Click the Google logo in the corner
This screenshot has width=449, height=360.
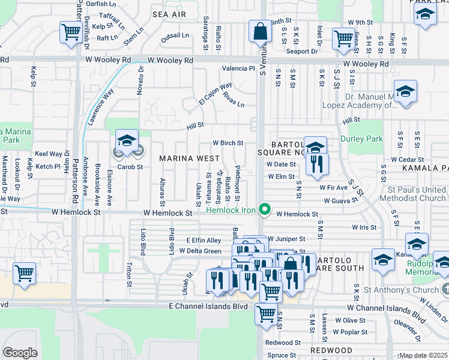pos(20,353)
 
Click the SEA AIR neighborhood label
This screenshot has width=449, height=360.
pos(168,14)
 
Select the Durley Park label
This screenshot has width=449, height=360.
pos(361,139)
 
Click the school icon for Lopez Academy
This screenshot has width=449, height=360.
pos(406,92)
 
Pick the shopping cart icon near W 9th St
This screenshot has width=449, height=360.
pos(343,38)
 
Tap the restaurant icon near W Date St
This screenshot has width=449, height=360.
pos(316,164)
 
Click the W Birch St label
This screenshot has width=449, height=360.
pos(228,143)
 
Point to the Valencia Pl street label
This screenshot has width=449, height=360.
pos(238,68)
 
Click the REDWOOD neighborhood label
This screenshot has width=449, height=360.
pos(331,350)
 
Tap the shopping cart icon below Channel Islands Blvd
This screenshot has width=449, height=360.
pos(266,313)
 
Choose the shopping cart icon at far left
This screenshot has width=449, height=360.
pos(24,273)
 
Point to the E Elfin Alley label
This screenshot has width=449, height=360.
pos(203,240)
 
